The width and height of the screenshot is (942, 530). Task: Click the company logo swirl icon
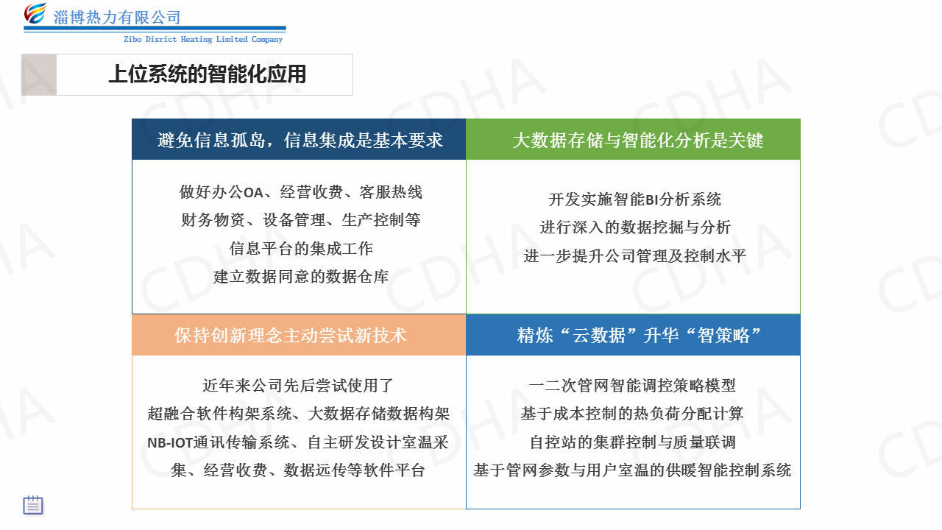[x=35, y=13]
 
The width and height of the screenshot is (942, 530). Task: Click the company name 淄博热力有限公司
[x=117, y=18]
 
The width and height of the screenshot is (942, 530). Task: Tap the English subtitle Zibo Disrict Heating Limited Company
[x=203, y=39]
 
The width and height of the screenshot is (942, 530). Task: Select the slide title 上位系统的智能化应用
[x=208, y=74]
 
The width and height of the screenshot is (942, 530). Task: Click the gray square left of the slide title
[x=39, y=74]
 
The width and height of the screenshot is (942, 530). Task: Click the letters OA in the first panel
[x=253, y=193]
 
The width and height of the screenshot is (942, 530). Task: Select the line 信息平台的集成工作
[x=301, y=249]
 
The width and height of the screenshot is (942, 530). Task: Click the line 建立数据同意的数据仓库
[x=301, y=277]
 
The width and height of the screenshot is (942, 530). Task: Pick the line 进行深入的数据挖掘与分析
[x=635, y=227]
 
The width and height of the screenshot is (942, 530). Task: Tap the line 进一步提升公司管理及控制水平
[x=635, y=255]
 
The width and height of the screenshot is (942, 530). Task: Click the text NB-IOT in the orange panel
[x=170, y=443]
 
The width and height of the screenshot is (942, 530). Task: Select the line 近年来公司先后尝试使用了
[x=298, y=385]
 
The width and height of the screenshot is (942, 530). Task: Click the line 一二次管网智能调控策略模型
[x=632, y=385]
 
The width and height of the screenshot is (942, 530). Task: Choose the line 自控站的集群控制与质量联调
[x=633, y=442]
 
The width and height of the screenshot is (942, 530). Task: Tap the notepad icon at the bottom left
[x=33, y=505]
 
